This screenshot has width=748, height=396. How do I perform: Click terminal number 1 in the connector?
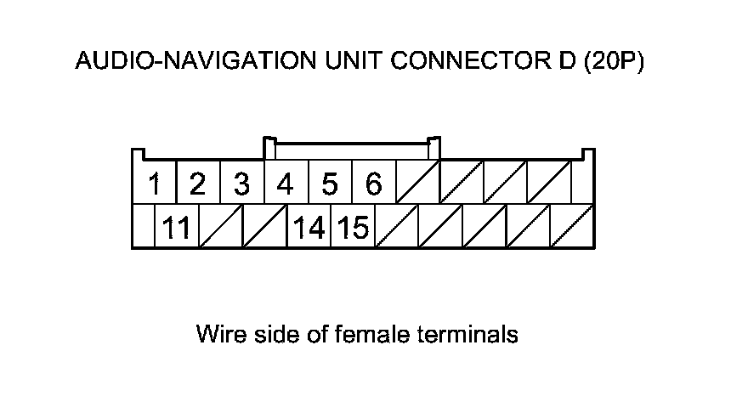155,184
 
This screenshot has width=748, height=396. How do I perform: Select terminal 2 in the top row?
197,184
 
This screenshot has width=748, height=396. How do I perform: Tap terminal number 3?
241,184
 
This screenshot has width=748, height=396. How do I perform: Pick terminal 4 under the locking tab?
286,184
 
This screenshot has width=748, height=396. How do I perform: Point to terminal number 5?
330,184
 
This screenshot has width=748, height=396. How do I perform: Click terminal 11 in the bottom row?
176,228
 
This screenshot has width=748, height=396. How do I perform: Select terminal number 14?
309,228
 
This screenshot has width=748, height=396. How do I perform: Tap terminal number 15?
353,228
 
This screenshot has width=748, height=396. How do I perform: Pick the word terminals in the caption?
467,334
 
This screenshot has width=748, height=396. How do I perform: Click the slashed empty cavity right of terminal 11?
220,228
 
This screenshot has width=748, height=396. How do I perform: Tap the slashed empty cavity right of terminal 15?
397,228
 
